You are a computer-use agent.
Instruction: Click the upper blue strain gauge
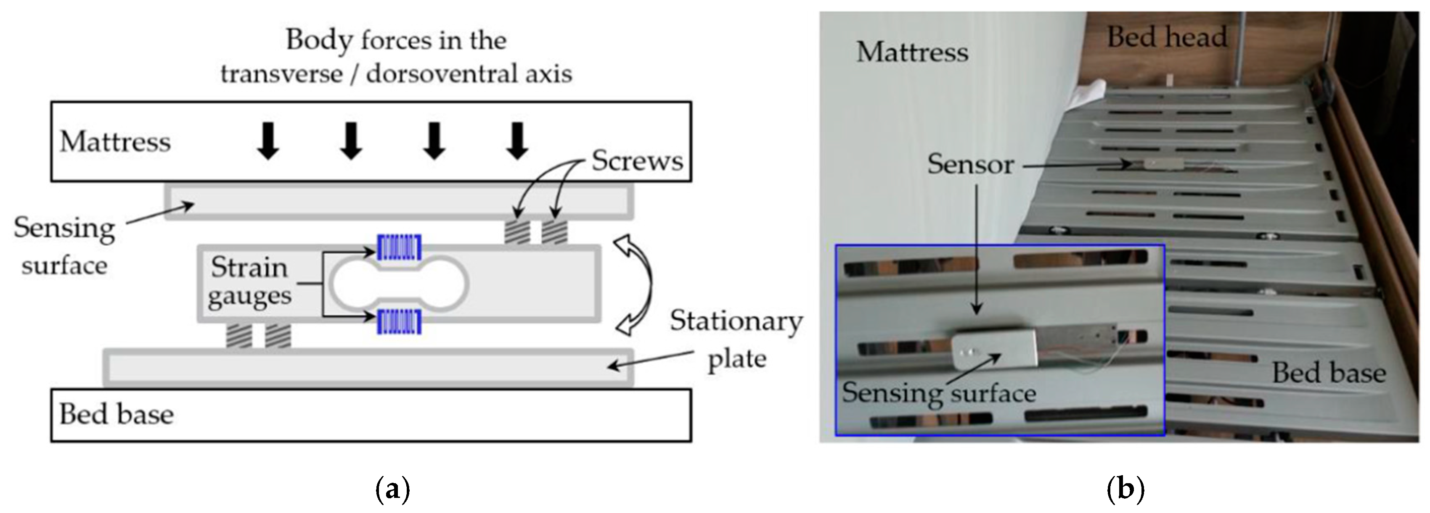click(399, 247)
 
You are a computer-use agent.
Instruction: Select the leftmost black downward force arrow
click(269, 141)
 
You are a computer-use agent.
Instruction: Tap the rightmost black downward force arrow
click(517, 141)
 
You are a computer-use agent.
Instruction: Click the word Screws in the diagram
click(637, 161)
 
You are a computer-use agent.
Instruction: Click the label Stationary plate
click(736, 339)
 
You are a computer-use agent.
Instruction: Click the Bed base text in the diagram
click(116, 414)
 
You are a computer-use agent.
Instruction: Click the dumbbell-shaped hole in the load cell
click(399, 284)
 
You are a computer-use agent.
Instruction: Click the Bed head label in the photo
click(1167, 37)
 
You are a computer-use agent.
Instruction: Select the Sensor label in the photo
click(970, 164)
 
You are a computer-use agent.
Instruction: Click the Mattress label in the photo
click(912, 52)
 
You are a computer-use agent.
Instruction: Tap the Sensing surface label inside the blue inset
click(939, 393)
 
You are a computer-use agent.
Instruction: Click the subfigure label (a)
click(393, 490)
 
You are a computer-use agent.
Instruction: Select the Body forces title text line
click(396, 40)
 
